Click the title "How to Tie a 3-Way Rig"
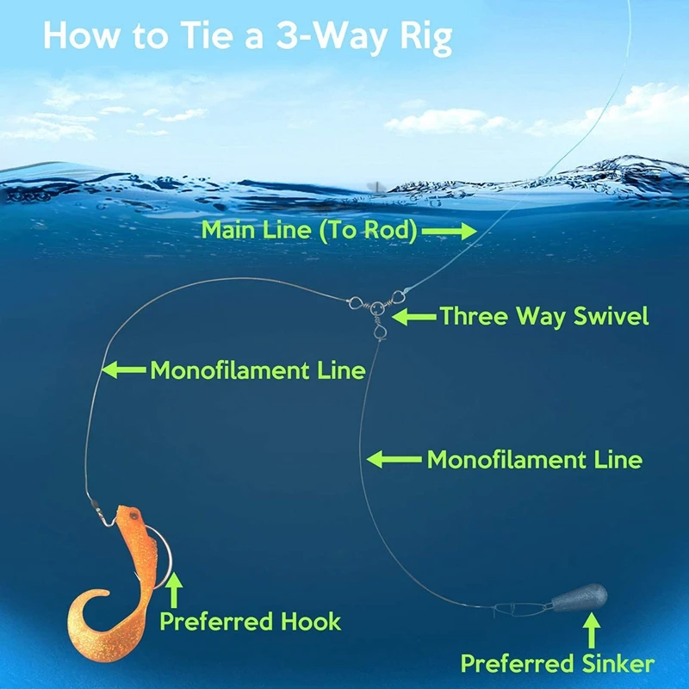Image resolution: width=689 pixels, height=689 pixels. pyautogui.click(x=247, y=38)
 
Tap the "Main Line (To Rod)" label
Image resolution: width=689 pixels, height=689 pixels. pyautogui.click(x=309, y=230)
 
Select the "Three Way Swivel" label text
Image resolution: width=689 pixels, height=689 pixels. pyautogui.click(x=543, y=316)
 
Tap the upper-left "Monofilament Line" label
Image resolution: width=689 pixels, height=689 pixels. pyautogui.click(x=258, y=370)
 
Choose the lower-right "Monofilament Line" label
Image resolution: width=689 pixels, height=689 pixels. pyautogui.click(x=534, y=459)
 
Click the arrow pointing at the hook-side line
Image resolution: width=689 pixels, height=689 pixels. pyautogui.click(x=124, y=370)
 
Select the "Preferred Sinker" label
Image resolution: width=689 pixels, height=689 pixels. pyautogui.click(x=557, y=663)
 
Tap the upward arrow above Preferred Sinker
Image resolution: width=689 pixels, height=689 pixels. pyautogui.click(x=592, y=636)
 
